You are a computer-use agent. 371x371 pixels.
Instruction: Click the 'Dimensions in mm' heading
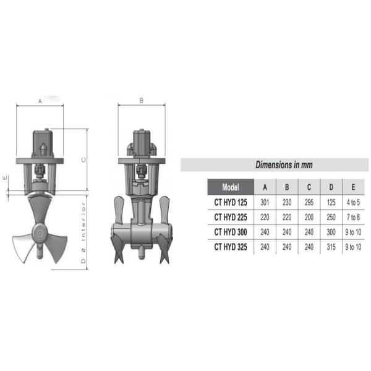point(284,164)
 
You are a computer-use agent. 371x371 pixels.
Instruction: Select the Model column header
point(231,187)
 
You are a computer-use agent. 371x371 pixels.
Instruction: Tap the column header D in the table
point(331,187)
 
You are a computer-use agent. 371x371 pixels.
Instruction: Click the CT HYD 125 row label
point(231,203)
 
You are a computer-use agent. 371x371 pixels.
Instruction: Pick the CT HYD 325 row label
point(231,247)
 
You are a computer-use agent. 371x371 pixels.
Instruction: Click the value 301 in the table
point(265,203)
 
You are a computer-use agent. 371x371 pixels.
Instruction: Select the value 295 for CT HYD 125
point(309,203)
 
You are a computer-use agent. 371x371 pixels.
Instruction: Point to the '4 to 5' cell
point(353,203)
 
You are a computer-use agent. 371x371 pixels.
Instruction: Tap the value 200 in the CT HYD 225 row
point(309,217)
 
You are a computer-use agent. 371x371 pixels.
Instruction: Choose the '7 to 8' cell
point(353,217)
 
